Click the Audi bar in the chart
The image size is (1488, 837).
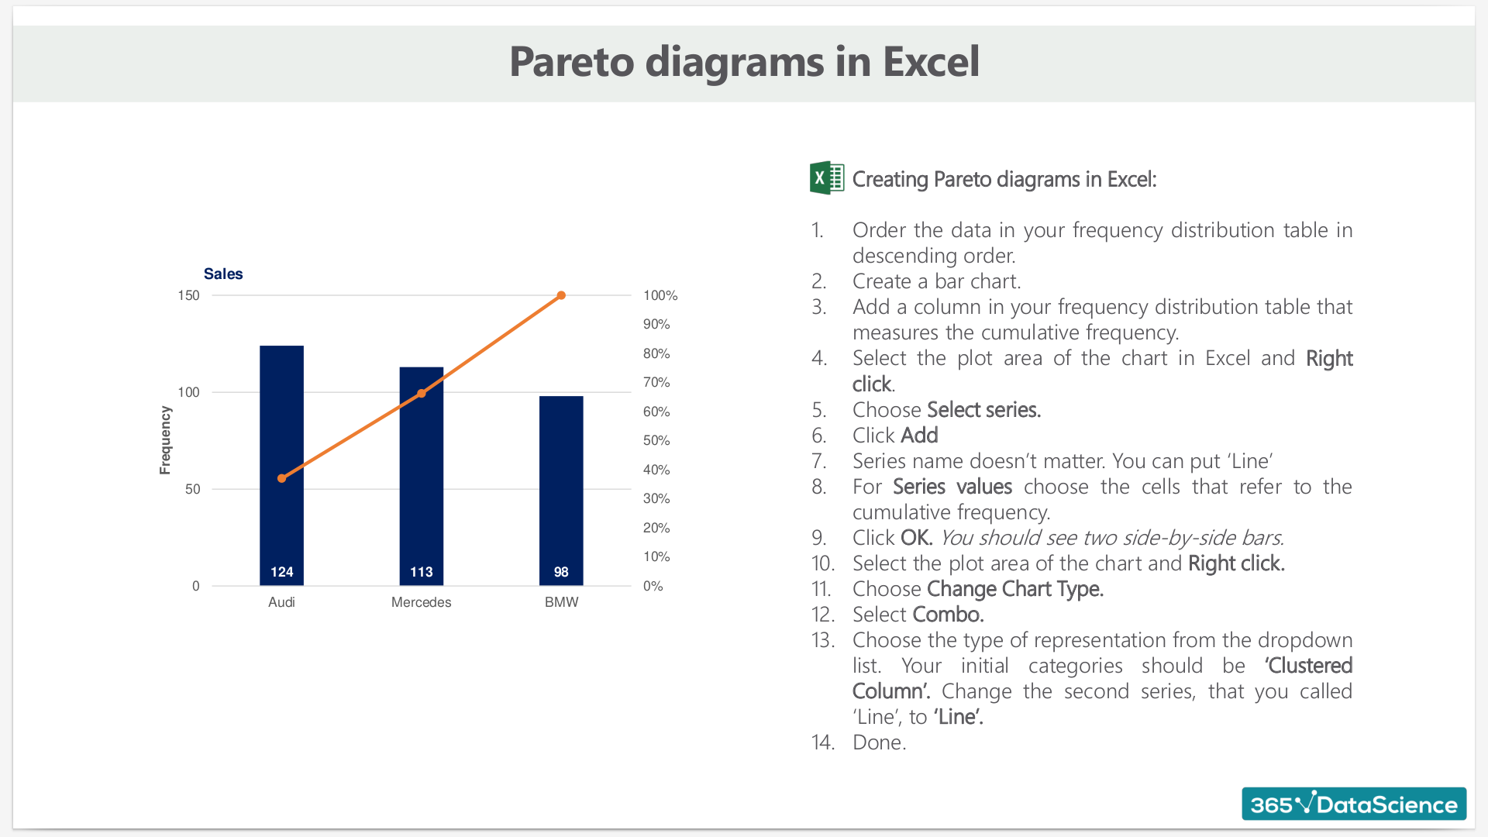(x=281, y=465)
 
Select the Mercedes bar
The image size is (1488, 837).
(x=421, y=476)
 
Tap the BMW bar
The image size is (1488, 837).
(x=561, y=491)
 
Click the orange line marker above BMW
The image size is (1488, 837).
(x=562, y=295)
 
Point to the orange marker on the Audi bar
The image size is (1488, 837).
(x=281, y=478)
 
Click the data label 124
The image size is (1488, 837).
(x=282, y=572)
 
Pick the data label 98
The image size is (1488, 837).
(x=561, y=572)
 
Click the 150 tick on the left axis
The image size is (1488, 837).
(x=188, y=295)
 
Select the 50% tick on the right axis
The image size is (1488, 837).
(x=656, y=440)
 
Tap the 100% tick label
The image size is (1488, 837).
(x=660, y=295)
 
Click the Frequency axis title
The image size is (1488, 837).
(x=165, y=440)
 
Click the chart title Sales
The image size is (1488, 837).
(x=223, y=274)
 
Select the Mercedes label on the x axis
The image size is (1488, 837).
(x=421, y=602)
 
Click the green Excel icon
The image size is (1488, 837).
(x=827, y=177)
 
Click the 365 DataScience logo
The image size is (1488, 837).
(x=1354, y=804)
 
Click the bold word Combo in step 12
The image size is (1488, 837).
(x=948, y=615)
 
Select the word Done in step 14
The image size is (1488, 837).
(x=879, y=742)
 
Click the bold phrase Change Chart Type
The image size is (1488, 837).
(x=1015, y=589)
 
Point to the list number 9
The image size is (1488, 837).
(x=818, y=538)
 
